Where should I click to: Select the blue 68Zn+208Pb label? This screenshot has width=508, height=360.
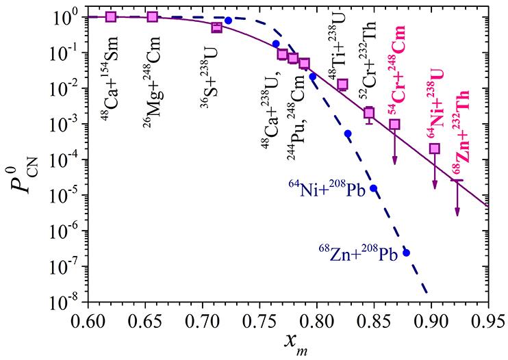(x=359, y=251)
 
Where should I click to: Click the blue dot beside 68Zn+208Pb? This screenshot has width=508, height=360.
(x=406, y=253)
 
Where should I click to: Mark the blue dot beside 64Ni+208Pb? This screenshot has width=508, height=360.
(x=374, y=188)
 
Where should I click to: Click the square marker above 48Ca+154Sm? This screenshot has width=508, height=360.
(x=111, y=16)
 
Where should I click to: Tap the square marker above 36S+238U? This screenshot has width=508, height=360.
(x=217, y=27)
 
